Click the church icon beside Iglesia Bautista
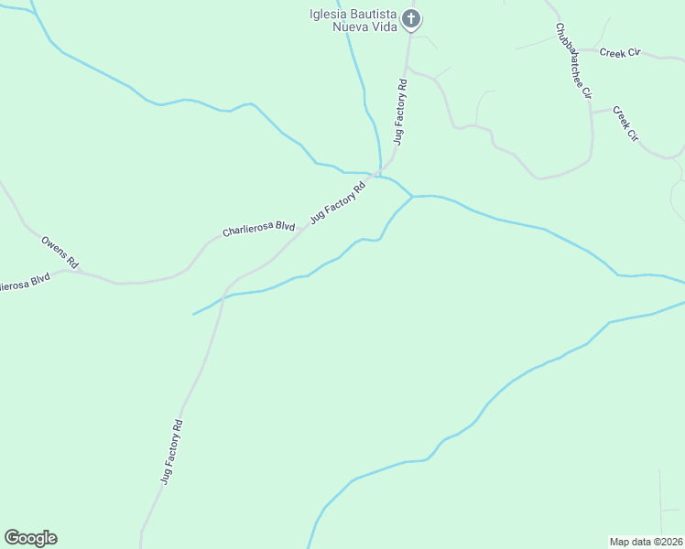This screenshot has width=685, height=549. click(412, 19)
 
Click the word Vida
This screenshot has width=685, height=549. click(383, 27)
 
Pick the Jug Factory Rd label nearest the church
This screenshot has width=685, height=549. click(399, 112)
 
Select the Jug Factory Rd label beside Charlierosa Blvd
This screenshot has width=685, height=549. click(338, 202)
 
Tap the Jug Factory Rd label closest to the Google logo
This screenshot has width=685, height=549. click(172, 451)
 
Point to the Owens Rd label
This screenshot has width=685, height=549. click(60, 254)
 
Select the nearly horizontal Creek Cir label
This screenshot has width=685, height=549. click(620, 53)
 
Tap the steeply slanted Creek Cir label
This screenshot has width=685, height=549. click(625, 124)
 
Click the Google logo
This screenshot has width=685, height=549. click(30, 538)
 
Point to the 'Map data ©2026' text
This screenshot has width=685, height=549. click(647, 542)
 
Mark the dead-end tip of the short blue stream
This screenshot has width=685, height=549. click(192, 315)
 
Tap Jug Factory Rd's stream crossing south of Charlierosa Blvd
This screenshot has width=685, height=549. click(223, 296)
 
